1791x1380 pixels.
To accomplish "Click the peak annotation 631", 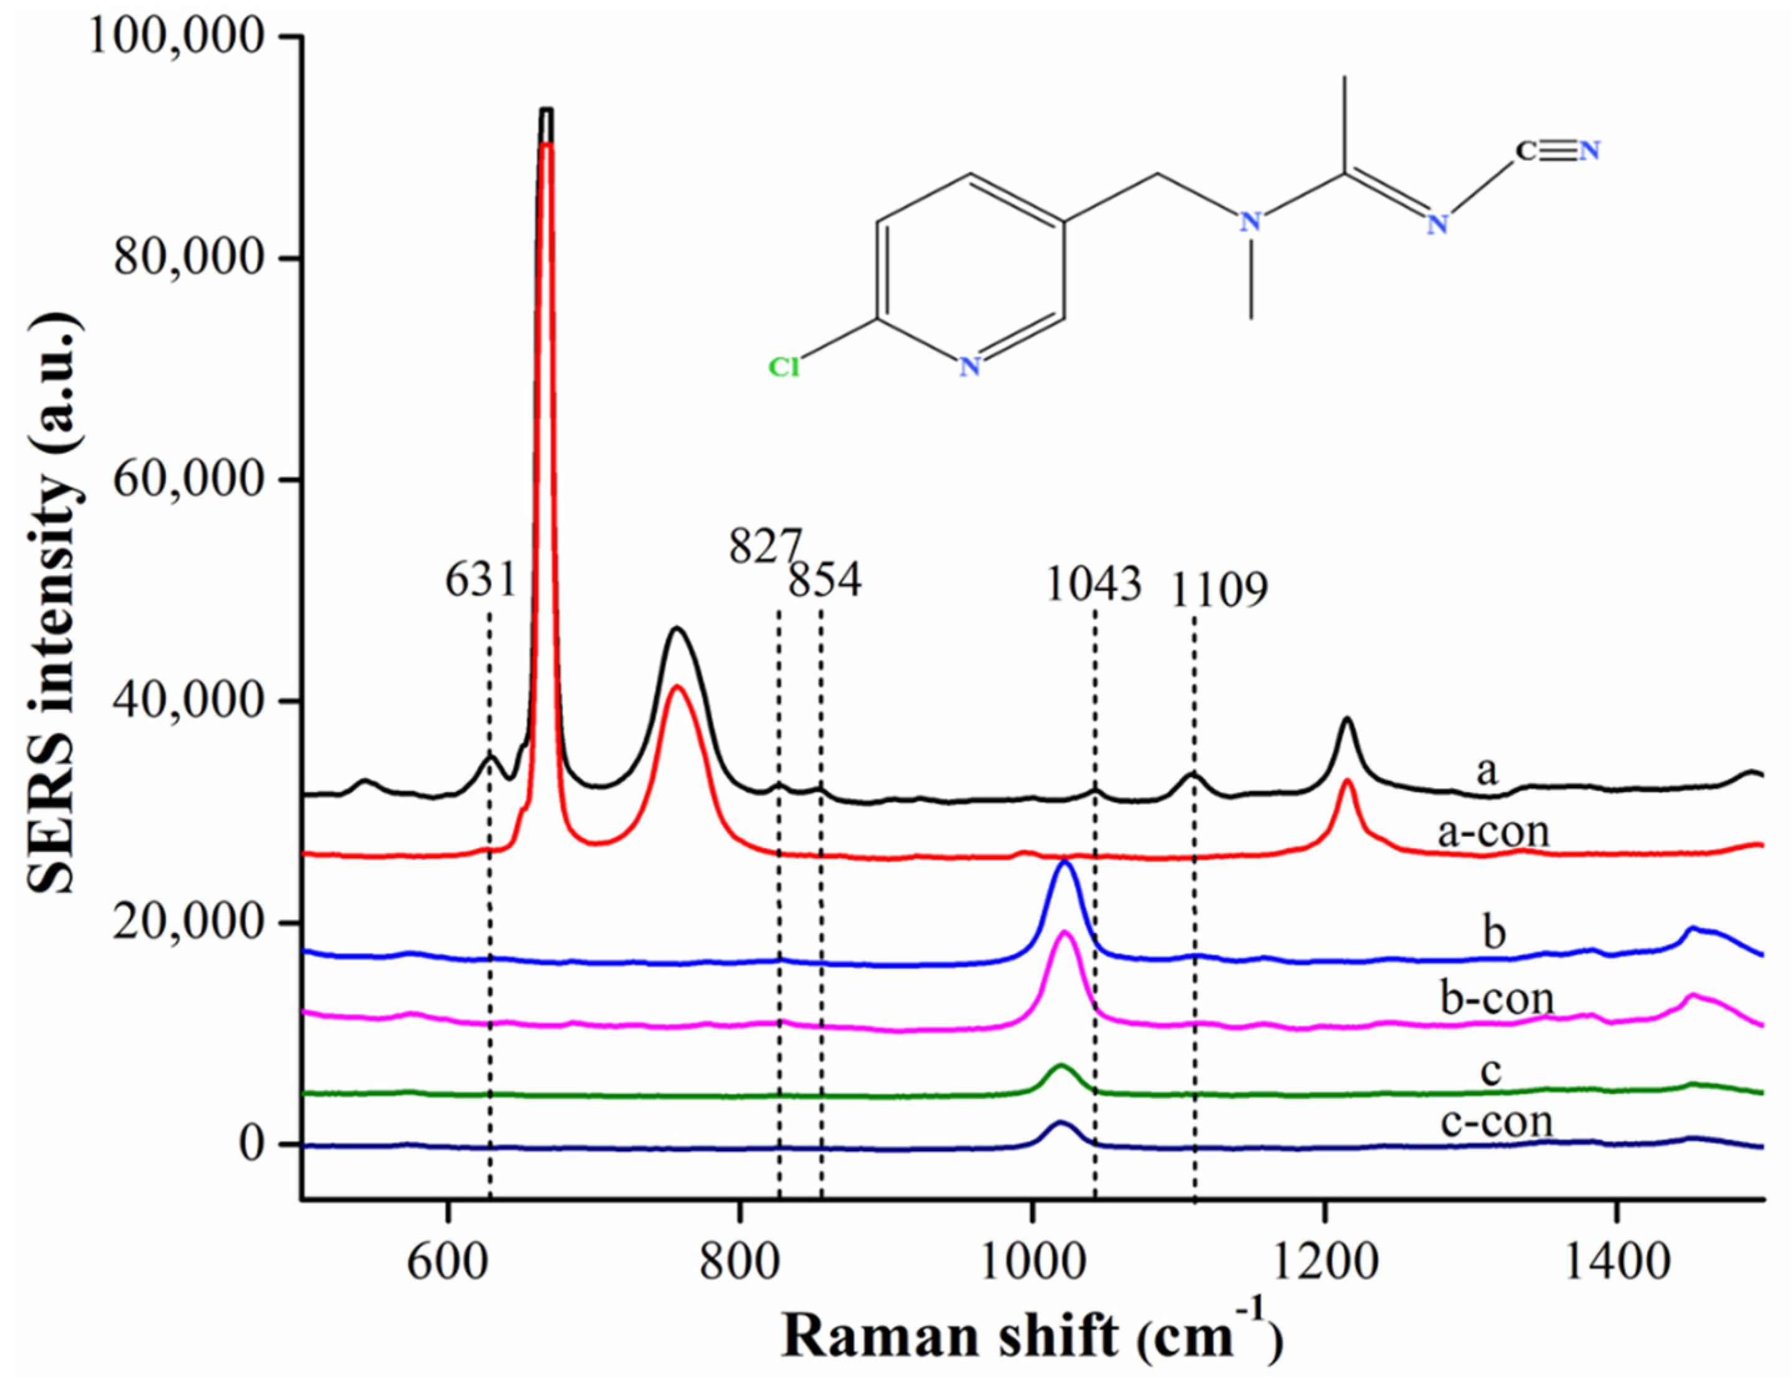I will (481, 581).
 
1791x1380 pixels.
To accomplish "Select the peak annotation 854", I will (825, 581).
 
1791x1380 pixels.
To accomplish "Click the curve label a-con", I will (1494, 831).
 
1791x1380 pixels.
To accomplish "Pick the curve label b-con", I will (1497, 998).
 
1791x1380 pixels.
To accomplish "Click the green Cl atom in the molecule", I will (783, 367).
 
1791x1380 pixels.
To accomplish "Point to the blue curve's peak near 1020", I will (1065, 862).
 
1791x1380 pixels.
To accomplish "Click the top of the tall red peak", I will (547, 144).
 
